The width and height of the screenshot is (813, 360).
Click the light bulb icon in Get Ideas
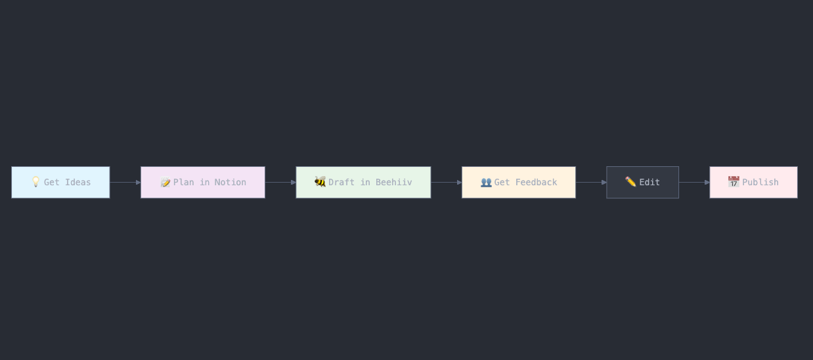(x=35, y=181)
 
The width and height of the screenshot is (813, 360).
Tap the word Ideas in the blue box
(x=78, y=182)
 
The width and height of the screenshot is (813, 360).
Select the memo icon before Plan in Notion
(x=165, y=182)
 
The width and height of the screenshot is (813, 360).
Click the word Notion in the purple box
(x=230, y=182)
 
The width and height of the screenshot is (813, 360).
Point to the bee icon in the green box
(x=320, y=181)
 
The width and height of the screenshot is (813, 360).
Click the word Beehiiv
(x=394, y=182)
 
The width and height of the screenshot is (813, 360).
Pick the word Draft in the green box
(x=341, y=182)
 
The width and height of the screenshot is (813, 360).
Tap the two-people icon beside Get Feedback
(x=486, y=182)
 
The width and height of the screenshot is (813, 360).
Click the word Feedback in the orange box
(x=536, y=182)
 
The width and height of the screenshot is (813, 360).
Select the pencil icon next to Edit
(x=630, y=181)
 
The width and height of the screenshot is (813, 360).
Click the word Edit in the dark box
(x=649, y=182)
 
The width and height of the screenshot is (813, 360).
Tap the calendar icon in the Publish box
(x=734, y=181)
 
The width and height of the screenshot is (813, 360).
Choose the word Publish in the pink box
(x=760, y=182)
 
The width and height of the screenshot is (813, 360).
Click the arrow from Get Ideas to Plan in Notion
(x=125, y=182)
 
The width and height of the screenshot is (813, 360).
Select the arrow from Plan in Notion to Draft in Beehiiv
(x=280, y=182)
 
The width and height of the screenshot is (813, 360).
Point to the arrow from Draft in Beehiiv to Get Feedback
(x=447, y=182)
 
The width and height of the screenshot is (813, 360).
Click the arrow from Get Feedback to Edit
(x=591, y=182)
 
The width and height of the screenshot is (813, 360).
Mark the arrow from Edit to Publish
(x=694, y=182)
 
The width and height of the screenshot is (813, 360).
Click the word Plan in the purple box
(x=184, y=182)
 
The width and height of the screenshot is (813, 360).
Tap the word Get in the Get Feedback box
(x=502, y=182)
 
